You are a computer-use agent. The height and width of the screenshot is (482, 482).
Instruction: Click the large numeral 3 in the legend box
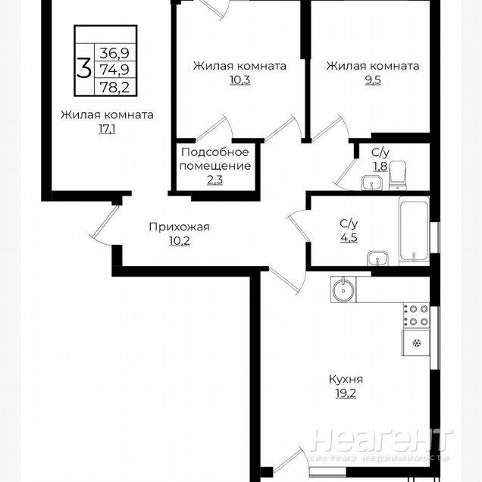coord(84,70)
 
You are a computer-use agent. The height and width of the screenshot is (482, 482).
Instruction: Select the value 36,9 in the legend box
coord(114,54)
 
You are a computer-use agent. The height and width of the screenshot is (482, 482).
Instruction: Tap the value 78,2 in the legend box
coord(114,88)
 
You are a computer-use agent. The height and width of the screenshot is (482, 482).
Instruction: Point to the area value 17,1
coord(107,129)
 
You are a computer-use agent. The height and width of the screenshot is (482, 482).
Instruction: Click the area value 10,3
coord(239,80)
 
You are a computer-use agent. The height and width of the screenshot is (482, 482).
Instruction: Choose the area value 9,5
coord(373,80)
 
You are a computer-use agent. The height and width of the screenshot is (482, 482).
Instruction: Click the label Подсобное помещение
coord(215,159)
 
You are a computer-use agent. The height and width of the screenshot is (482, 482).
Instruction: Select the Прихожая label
coord(179,227)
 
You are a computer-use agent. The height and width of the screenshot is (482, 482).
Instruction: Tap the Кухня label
coord(346,380)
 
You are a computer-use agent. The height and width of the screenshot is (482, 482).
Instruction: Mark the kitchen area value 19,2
coord(346,393)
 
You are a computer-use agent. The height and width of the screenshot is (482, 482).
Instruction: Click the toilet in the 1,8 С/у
coord(398,176)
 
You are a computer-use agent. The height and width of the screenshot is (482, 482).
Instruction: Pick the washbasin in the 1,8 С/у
coord(371,183)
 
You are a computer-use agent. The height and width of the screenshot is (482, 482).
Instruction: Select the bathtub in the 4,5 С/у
coord(414,230)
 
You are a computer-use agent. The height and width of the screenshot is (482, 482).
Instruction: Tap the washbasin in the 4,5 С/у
coord(377,258)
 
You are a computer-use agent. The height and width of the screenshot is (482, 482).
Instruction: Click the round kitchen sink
coord(343,290)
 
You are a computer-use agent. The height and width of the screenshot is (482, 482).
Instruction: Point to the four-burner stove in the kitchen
coord(416,315)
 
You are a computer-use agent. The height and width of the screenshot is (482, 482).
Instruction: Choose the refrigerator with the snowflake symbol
coord(416,343)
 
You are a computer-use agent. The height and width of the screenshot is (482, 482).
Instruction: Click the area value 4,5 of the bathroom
coord(349,238)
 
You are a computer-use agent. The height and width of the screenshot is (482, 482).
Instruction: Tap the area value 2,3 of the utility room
coord(215,180)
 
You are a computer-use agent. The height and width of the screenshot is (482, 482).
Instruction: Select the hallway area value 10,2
coord(179,241)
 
